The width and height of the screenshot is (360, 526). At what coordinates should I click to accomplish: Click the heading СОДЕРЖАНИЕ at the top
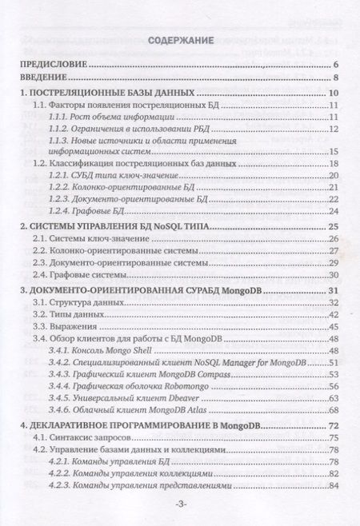click(180, 39)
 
